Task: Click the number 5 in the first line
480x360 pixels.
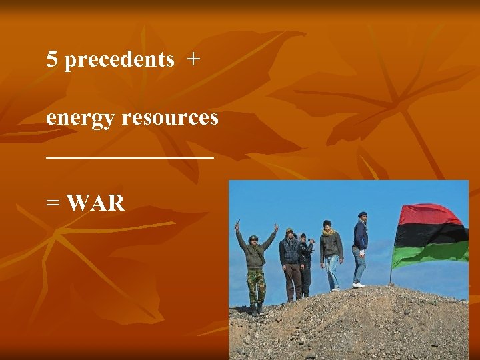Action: [x=52, y=60]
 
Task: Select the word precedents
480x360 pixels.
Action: [x=120, y=60]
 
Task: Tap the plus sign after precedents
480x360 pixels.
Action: [x=193, y=60]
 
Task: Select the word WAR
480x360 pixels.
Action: [x=96, y=203]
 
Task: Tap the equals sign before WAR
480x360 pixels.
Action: [x=53, y=203]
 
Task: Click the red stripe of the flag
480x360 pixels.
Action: [x=430, y=215]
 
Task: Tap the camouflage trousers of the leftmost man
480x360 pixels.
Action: [x=256, y=285]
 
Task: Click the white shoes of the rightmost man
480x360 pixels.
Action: [x=359, y=284]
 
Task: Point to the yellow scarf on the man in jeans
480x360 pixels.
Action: [x=327, y=232]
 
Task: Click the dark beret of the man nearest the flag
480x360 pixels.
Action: [x=362, y=214]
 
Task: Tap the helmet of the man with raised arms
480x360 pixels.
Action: [x=253, y=237]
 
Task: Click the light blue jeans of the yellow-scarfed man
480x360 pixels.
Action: [x=331, y=271]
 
